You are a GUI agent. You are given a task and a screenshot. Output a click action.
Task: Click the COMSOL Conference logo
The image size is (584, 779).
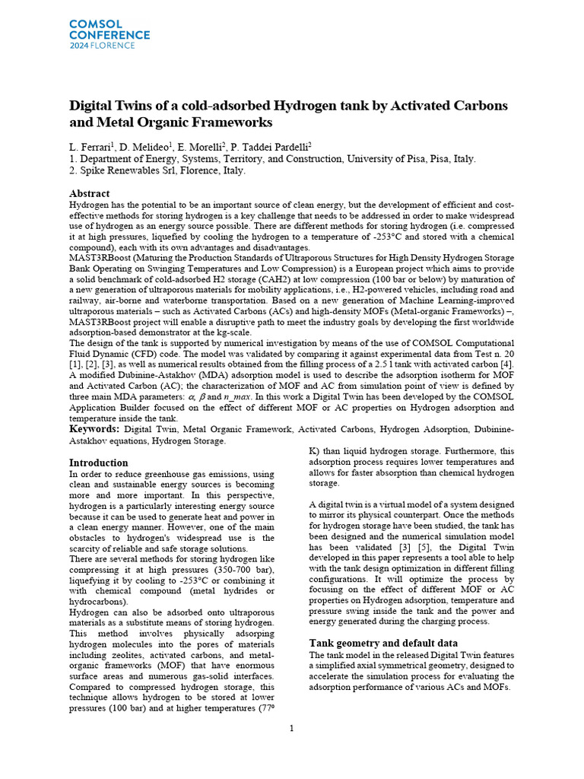pos(109,34)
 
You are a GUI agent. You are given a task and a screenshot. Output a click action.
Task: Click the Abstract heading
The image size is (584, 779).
pos(89,194)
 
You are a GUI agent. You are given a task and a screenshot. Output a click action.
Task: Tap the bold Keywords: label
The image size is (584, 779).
pos(94,430)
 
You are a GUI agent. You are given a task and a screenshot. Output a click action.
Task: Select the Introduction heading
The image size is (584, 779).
pos(99,463)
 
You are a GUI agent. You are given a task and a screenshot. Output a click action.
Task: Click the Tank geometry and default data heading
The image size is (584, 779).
pos(383,643)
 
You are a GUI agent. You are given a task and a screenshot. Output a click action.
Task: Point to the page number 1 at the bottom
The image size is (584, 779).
pos(292,729)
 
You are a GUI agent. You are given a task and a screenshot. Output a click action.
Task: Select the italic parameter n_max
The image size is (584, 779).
pos(247,397)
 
